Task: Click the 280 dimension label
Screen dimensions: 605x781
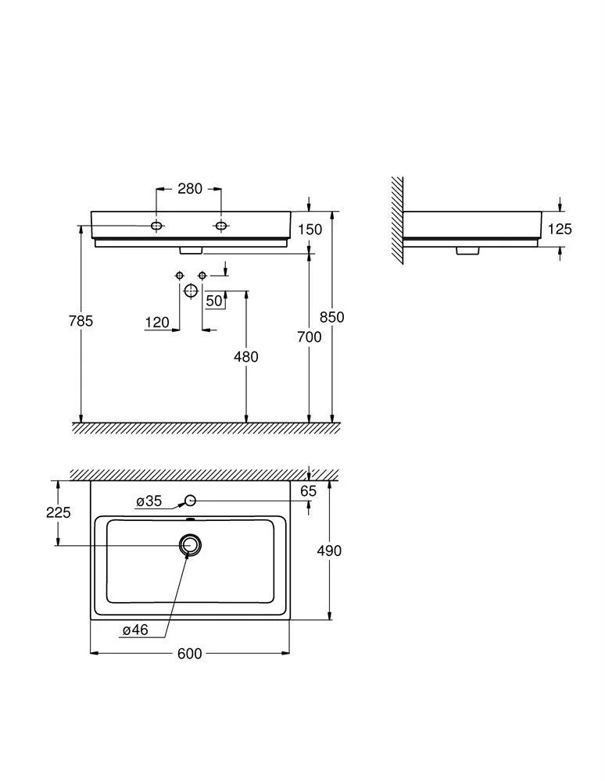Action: point(190,189)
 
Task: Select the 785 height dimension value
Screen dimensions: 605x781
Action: point(81,321)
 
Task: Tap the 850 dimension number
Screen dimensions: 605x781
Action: point(332,317)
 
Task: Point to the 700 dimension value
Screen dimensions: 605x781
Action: point(309,337)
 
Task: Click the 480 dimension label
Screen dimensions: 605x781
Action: point(246,357)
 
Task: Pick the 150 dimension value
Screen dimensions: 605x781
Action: point(310,230)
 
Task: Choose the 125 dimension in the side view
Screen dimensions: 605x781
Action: point(560,229)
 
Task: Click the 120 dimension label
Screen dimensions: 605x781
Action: point(157,323)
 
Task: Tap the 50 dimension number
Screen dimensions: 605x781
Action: point(214,301)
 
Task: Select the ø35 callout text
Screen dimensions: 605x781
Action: point(149,501)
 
